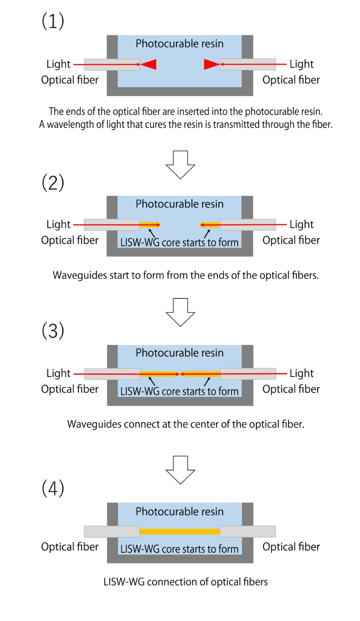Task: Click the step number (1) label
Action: click(52, 21)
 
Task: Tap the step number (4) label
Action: click(52, 488)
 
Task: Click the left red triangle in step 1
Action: click(149, 65)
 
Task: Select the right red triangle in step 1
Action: click(211, 65)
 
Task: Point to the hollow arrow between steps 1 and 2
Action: click(180, 164)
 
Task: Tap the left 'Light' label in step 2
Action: click(59, 225)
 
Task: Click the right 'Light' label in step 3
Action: click(301, 373)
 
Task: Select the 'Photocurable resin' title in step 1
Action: click(180, 44)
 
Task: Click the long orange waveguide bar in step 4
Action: click(180, 531)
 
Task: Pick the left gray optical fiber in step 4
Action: click(112, 531)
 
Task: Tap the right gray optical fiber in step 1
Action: click(247, 64)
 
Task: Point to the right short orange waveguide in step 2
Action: click(210, 225)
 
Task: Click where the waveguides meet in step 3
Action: click(180, 374)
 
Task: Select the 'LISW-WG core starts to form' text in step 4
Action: click(180, 549)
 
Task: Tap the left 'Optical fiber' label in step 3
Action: click(70, 389)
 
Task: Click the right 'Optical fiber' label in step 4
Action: click(291, 547)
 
